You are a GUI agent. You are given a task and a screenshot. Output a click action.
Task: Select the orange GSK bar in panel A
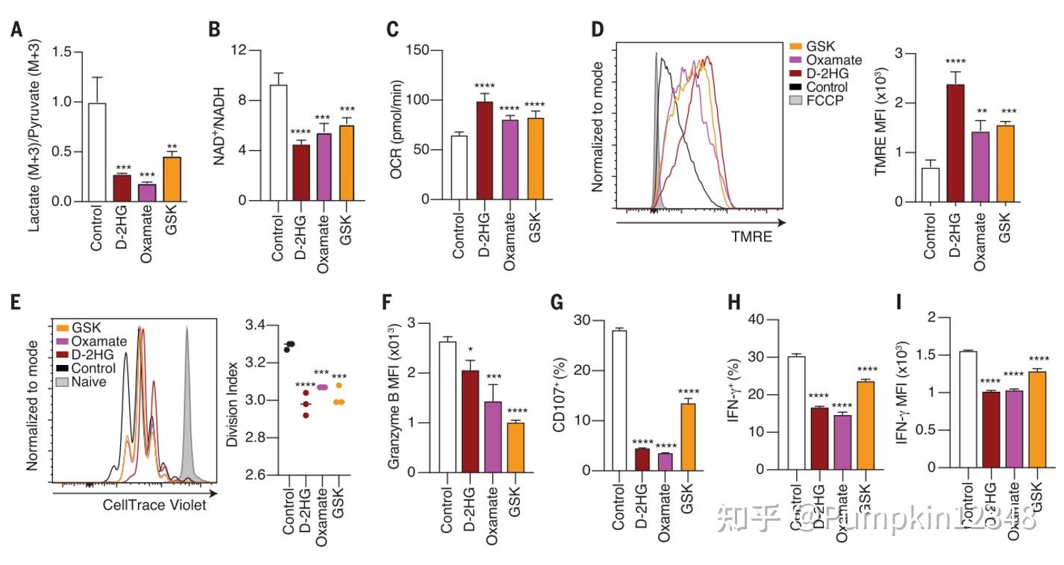point(172,179)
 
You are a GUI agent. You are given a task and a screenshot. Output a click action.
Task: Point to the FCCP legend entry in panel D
point(824,100)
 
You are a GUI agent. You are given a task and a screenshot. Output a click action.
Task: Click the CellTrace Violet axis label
point(154,505)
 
